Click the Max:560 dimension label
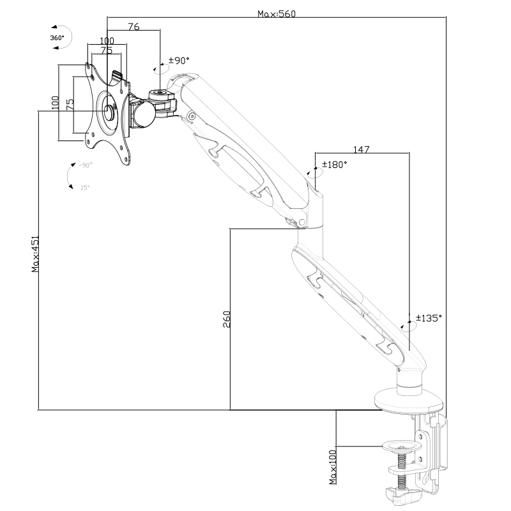pos(277,13)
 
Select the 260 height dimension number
pos(227,319)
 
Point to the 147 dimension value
pos(361,149)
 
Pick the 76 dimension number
pos(133,26)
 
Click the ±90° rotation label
pos(179,61)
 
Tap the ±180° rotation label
pos(334,164)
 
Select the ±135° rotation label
pos(429,317)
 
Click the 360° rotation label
pos(57,38)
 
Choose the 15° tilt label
pos(85,187)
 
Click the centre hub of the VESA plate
pos(108,111)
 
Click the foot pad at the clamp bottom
pos(402,495)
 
